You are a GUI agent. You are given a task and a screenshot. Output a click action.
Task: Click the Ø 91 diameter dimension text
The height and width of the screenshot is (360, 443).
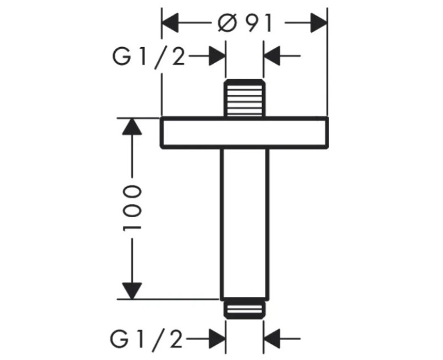coord(245,23)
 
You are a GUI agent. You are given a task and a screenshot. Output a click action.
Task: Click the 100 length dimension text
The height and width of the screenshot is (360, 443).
coord(132,208)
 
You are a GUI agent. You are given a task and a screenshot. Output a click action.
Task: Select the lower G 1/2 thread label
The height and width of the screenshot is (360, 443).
coord(146,339)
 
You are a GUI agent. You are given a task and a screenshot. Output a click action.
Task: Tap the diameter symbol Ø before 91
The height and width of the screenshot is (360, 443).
coord(227,23)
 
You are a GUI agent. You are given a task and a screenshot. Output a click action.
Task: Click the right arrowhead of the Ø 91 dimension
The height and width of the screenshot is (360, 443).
coord(319,23)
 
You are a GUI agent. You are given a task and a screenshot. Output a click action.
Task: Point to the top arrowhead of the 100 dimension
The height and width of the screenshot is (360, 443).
coord(132,127)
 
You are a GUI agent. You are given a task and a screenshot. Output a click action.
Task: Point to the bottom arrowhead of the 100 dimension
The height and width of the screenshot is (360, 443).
coord(132,290)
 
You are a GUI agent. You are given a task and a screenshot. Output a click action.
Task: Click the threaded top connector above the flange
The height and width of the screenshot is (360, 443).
coord(245,98)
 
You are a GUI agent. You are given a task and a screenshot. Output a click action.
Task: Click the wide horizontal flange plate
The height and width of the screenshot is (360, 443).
coord(244,132)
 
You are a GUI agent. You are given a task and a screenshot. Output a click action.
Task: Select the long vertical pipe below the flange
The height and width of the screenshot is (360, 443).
coord(245,223)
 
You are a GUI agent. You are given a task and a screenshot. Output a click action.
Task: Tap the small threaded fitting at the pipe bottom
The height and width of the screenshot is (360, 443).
coord(245,309)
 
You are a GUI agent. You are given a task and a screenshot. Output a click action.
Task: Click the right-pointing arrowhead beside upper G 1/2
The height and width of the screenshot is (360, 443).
coord(217,56)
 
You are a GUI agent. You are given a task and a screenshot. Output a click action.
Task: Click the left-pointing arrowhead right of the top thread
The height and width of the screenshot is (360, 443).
coord(272,56)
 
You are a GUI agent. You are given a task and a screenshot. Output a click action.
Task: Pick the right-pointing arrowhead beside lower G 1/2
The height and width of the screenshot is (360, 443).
coord(217,338)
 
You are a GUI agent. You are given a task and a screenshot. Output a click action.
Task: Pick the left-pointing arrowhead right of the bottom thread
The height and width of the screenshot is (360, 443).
coord(272,338)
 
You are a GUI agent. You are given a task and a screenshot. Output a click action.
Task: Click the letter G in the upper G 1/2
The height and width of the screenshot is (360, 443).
coord(122,56)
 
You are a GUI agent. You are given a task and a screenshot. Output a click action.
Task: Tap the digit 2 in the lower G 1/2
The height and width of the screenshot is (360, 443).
coord(176,339)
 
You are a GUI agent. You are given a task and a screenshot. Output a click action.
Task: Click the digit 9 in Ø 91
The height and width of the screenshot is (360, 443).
coord(253,23)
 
